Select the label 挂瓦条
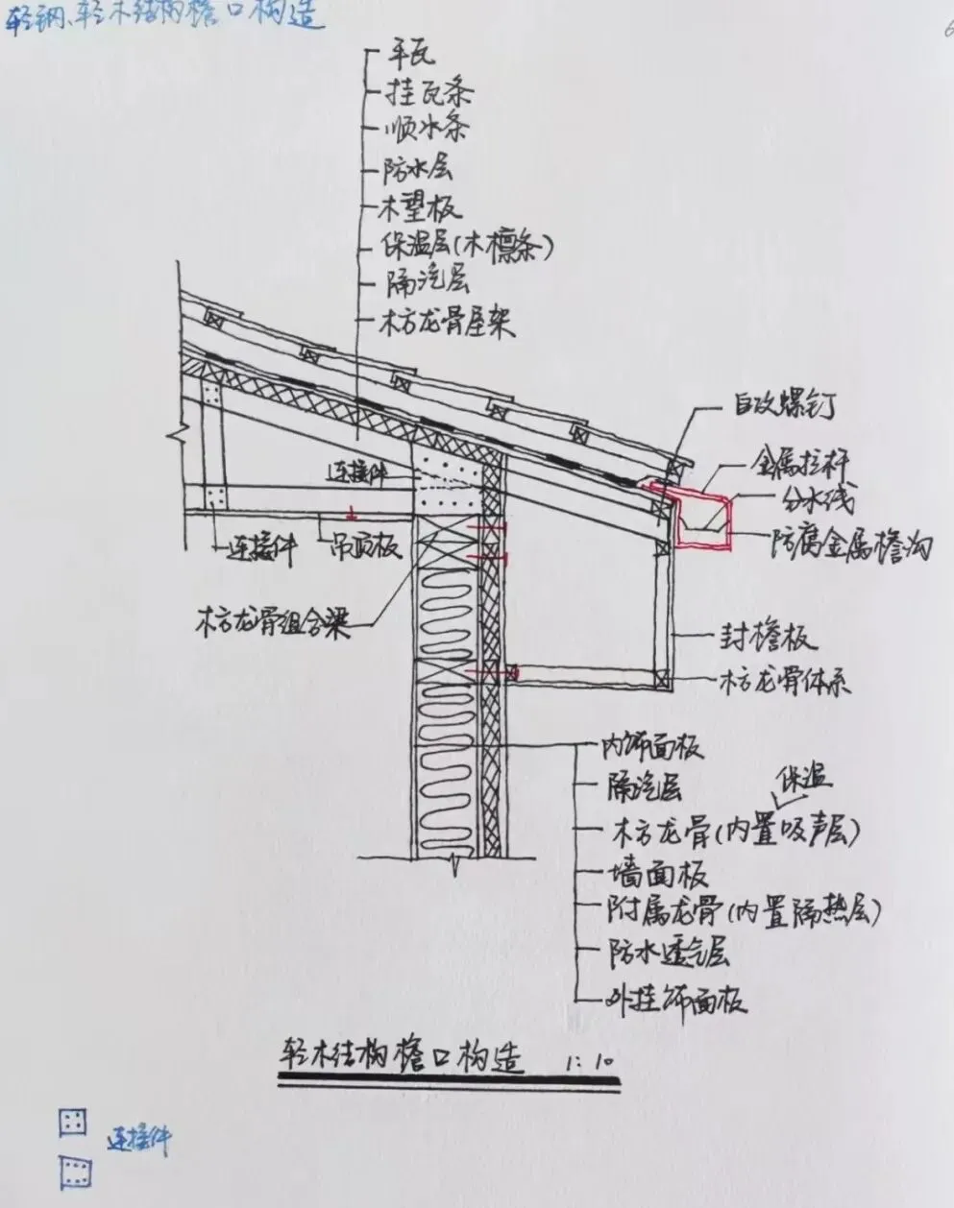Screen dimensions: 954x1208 [428, 93]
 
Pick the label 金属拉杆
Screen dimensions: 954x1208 [799, 463]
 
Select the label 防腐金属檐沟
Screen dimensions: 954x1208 [851, 544]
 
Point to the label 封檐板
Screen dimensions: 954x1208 [768, 638]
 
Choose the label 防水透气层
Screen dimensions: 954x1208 [668, 954]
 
